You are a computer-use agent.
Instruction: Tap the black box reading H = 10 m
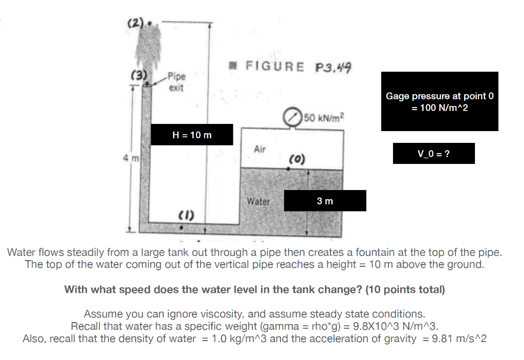192,135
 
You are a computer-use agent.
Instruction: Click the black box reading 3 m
325,201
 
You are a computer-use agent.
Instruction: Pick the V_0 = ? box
433,154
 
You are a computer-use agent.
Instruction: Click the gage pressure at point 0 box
440,101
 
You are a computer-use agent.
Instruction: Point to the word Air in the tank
260,149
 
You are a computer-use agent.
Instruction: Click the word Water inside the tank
258,201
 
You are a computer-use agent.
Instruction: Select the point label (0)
297,160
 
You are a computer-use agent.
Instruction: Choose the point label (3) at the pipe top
138,76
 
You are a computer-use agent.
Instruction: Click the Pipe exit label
177,81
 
